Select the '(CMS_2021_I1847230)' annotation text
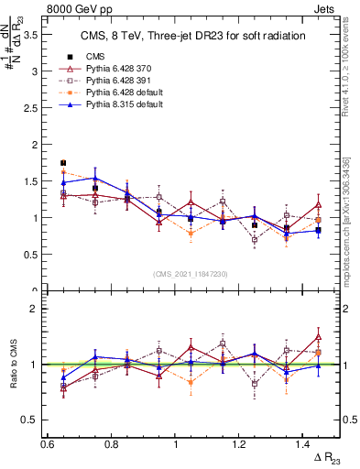click(x=191, y=274)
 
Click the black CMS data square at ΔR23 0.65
click(x=62, y=163)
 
